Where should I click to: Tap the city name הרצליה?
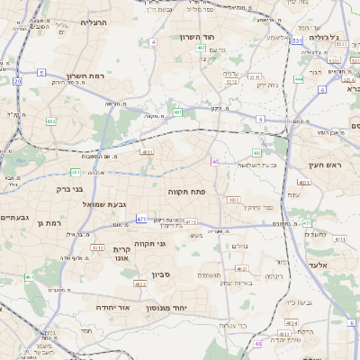(94, 22)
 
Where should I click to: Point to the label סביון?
(161, 274)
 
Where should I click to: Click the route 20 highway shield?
(17, 81)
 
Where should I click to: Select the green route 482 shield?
(51, 121)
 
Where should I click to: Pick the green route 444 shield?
(298, 78)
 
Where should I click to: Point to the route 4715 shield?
(190, 221)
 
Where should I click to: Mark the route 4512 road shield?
(96, 247)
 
